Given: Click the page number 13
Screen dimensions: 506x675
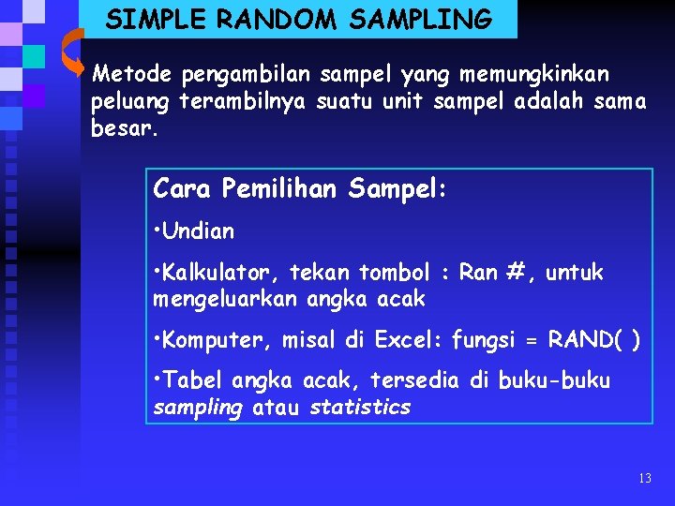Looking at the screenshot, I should click(644, 479).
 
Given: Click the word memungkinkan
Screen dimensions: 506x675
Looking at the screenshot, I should click(533, 73).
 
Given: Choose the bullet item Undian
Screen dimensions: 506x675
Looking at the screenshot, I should click(198, 231).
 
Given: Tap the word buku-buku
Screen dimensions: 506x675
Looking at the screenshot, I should click(554, 380).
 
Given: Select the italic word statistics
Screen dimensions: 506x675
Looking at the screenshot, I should click(360, 408).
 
